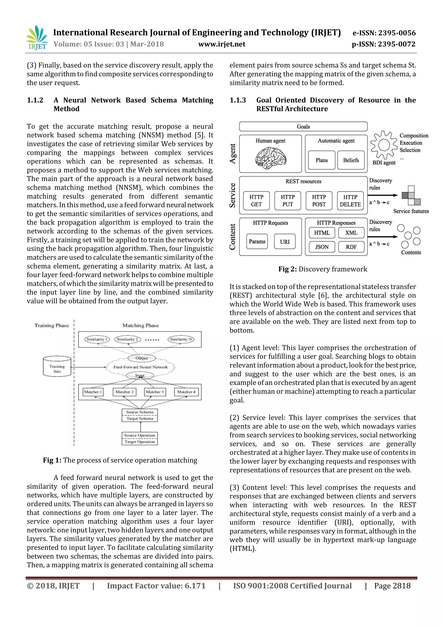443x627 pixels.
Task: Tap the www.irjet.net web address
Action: pyautogui.click(x=222, y=44)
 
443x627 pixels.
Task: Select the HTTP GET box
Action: pyautogui.click(x=256, y=201)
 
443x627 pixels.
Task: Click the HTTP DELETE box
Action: pyautogui.click(x=350, y=201)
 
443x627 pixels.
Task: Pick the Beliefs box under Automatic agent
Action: pyautogui.click(x=351, y=160)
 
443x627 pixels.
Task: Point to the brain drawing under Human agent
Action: pyautogui.click(x=271, y=158)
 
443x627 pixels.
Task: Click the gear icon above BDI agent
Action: pyautogui.click(x=384, y=145)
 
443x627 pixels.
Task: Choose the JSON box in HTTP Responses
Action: pyautogui.click(x=322, y=247)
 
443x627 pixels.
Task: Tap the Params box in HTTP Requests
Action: pyautogui.click(x=257, y=241)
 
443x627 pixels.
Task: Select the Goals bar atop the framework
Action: pyautogui.click(x=303, y=127)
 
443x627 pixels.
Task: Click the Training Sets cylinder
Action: pyautogui.click(x=57, y=367)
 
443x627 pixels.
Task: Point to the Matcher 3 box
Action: pyautogui.click(x=155, y=392)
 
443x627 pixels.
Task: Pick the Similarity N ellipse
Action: pyautogui.click(x=181, y=339)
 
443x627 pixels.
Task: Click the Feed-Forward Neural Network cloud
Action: pyautogui.click(x=140, y=367)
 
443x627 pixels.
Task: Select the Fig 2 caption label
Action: pyautogui.click(x=287, y=269)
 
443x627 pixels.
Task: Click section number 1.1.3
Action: pyautogui.click(x=238, y=100)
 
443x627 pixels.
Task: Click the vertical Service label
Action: pyautogui.click(x=232, y=195)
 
